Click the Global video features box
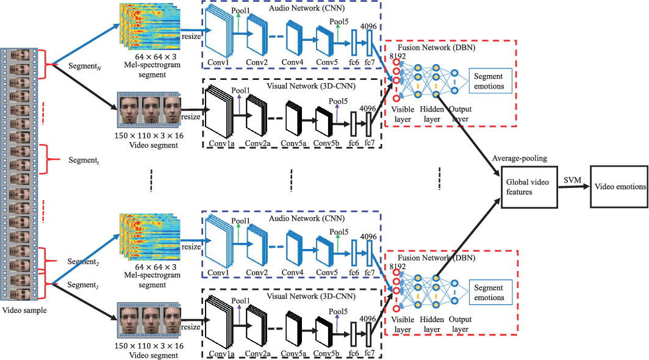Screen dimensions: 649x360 [x=529, y=187]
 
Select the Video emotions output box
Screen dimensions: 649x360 [x=619, y=187]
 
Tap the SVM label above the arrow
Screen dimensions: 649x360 [x=572, y=180]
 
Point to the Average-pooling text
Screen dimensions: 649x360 [x=520, y=158]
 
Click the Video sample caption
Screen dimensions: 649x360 [x=24, y=311]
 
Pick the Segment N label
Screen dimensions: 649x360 [x=85, y=67]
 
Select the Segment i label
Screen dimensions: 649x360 [x=84, y=160]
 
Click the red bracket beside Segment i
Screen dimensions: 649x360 [x=49, y=159]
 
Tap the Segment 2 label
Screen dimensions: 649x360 [x=83, y=262]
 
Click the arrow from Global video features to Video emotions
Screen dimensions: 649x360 [x=574, y=187]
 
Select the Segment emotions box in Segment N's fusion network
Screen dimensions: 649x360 [x=490, y=81]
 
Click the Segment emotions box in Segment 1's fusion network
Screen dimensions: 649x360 [x=490, y=292]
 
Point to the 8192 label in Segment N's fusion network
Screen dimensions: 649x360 [x=397, y=56]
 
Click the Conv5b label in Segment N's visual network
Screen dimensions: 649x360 [x=326, y=143]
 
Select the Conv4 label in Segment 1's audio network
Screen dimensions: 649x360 [x=292, y=273]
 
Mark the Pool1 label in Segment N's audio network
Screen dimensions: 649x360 [x=240, y=10]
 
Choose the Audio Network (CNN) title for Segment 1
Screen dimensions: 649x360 [x=307, y=218]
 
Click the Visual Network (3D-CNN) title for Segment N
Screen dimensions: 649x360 [x=311, y=86]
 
